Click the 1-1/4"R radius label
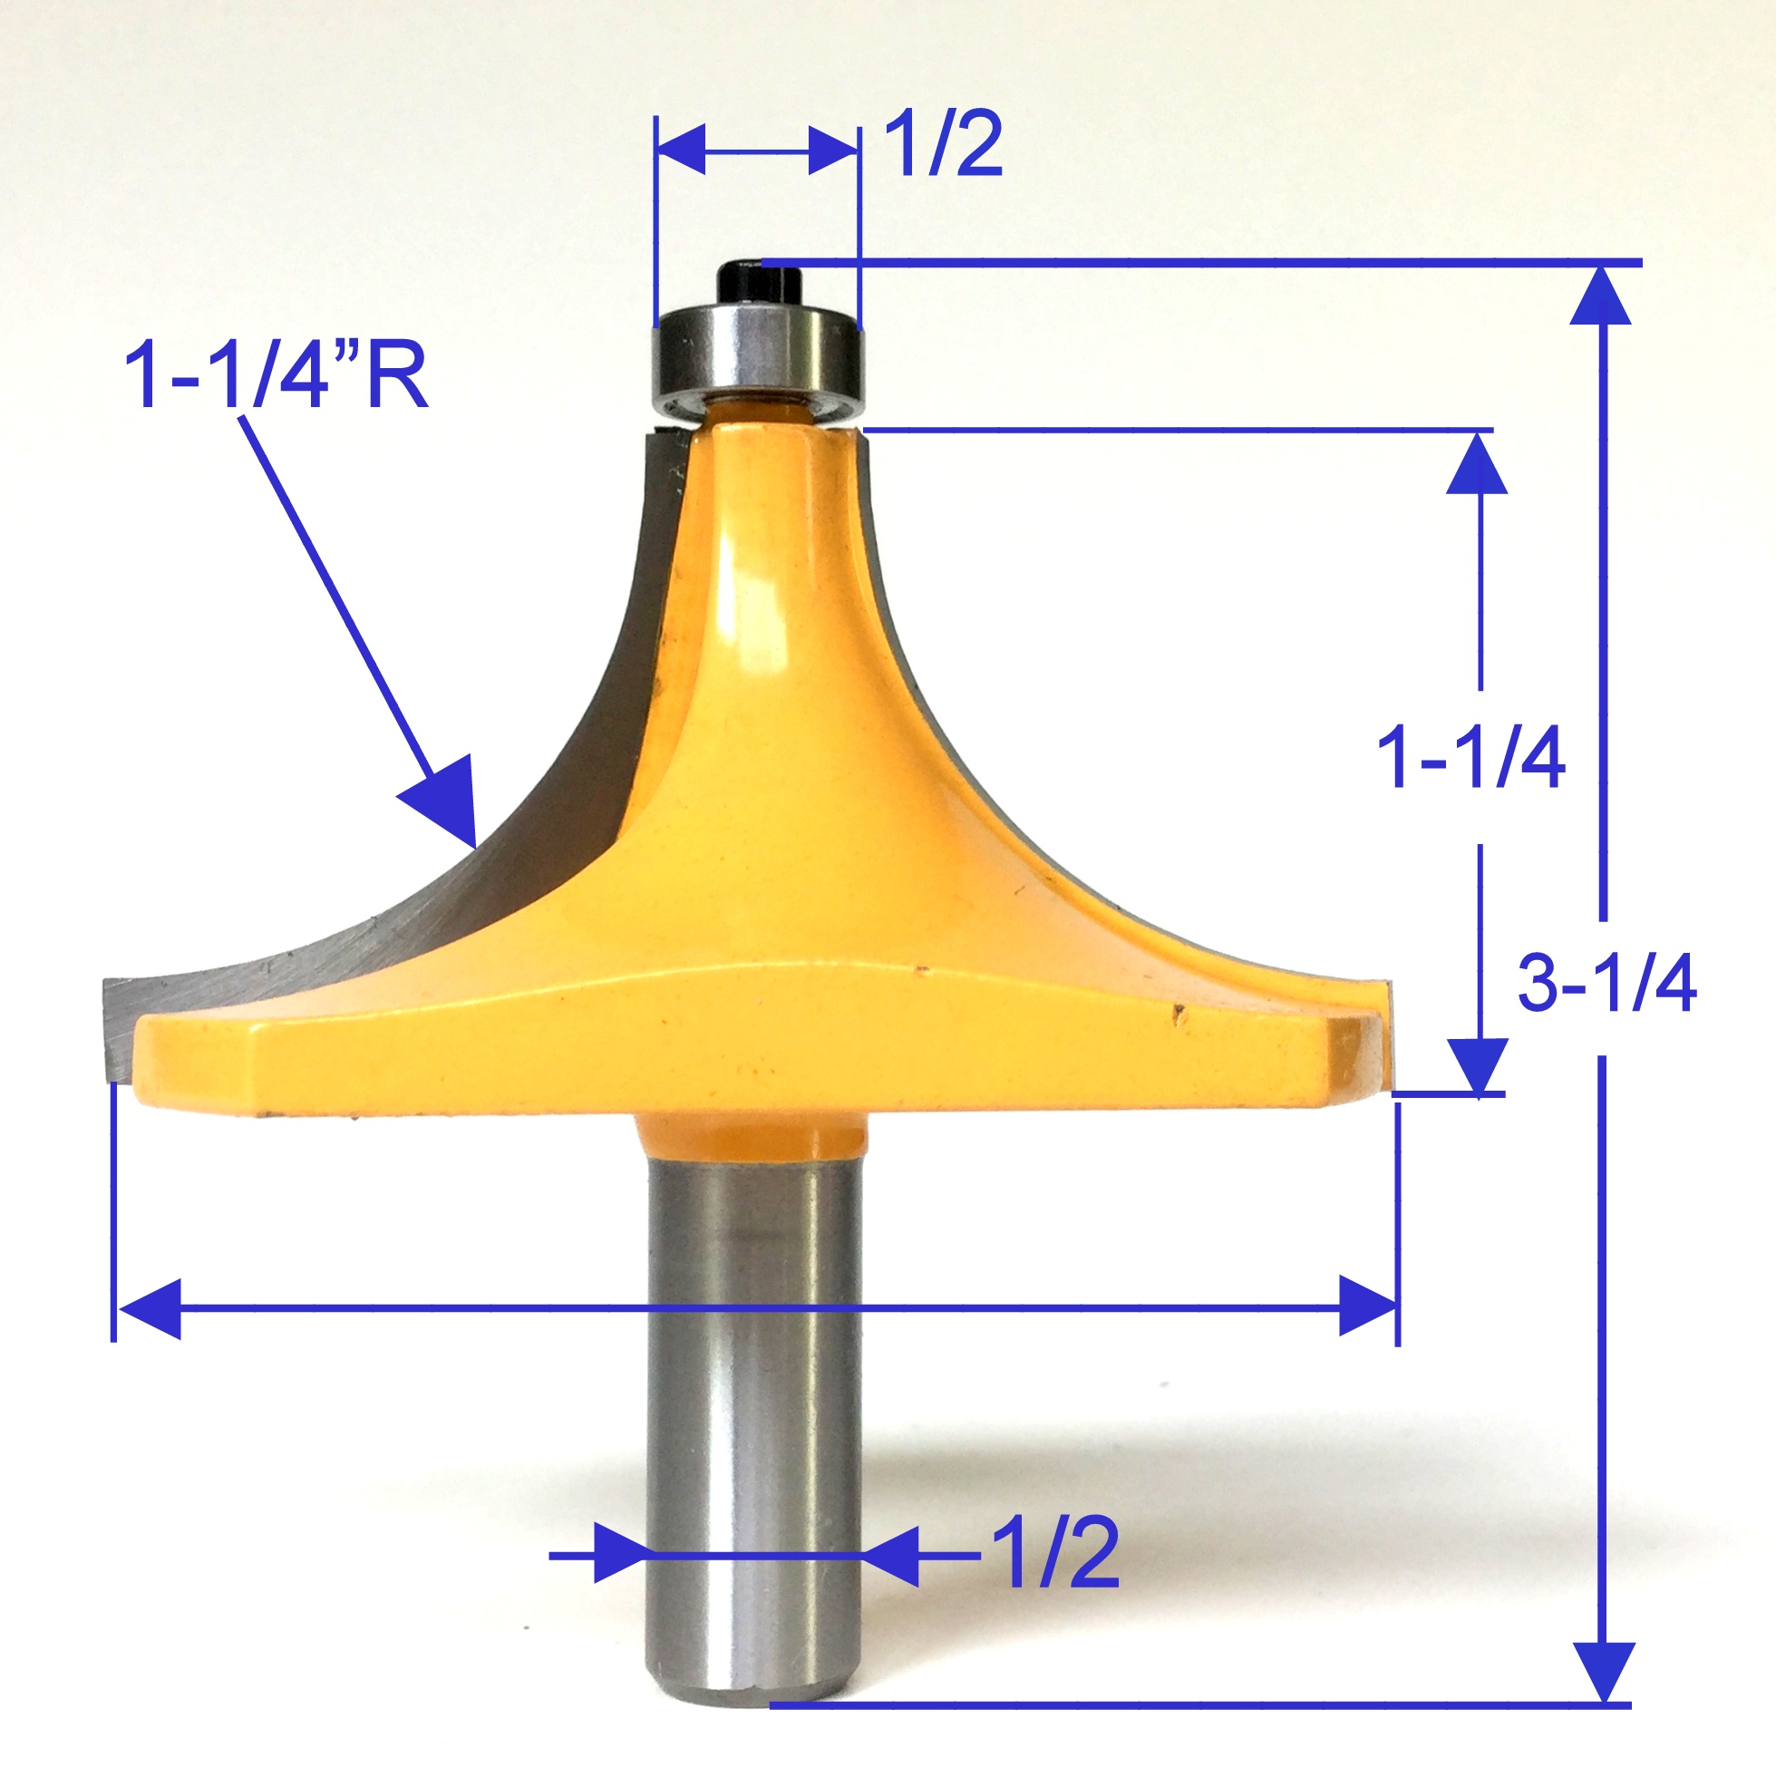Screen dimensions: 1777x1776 [x=276, y=375]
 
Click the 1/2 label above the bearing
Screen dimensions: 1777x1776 [x=943, y=145]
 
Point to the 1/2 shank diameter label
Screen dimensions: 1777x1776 [x=1057, y=1553]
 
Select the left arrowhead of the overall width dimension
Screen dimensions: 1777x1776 [x=149, y=1307]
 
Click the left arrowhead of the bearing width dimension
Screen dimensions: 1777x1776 [x=682, y=149]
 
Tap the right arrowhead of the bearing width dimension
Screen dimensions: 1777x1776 [x=833, y=149]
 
